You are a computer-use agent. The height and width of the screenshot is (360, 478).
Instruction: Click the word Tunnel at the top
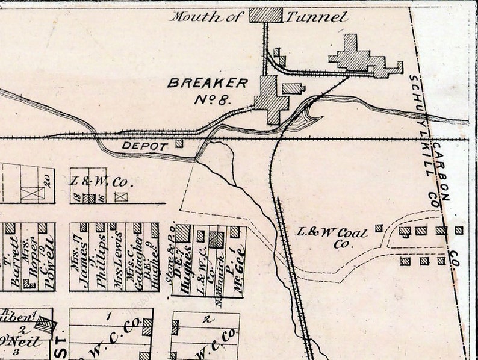click(x=317, y=17)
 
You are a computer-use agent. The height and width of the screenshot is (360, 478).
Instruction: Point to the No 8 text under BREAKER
click(x=214, y=99)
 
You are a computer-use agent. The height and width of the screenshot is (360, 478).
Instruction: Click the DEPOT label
click(x=144, y=146)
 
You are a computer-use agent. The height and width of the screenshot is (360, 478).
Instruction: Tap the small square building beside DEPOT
click(x=179, y=143)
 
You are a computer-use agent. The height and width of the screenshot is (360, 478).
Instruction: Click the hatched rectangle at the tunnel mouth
click(x=265, y=14)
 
